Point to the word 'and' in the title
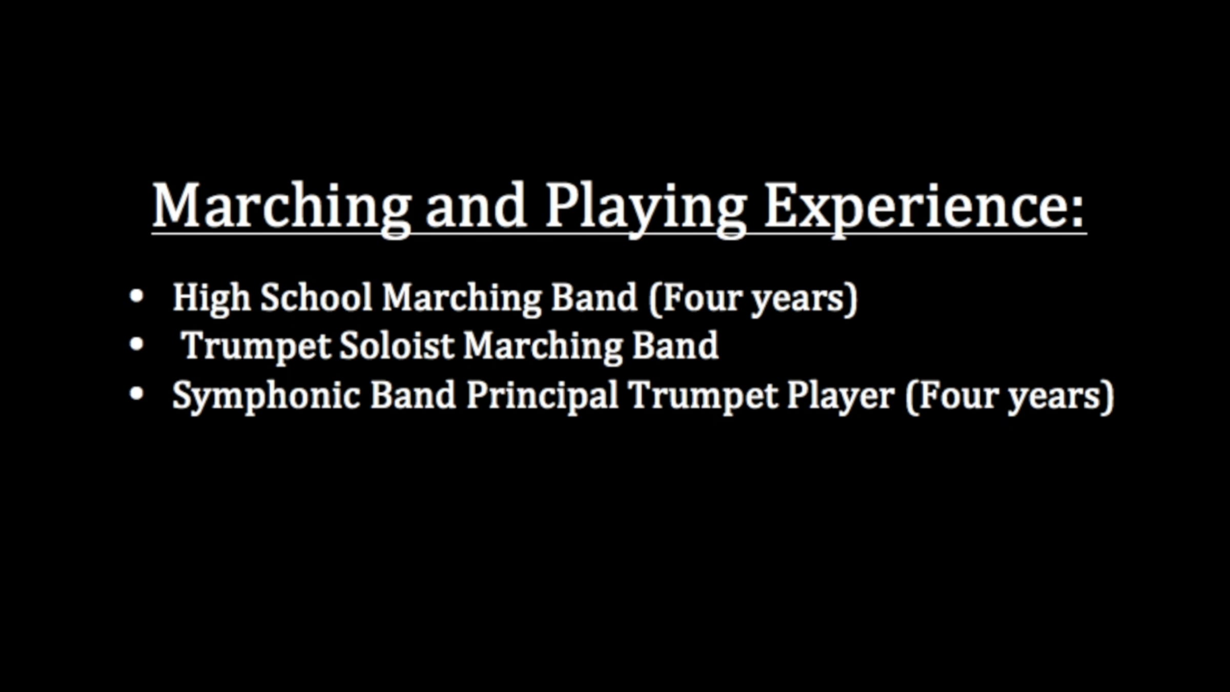point(476,205)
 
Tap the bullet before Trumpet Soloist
point(136,344)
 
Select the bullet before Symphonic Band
point(136,394)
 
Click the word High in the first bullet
point(211,299)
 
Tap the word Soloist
point(397,345)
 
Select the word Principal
point(542,397)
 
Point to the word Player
point(840,397)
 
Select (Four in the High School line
point(694,298)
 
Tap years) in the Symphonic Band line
point(1061,398)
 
